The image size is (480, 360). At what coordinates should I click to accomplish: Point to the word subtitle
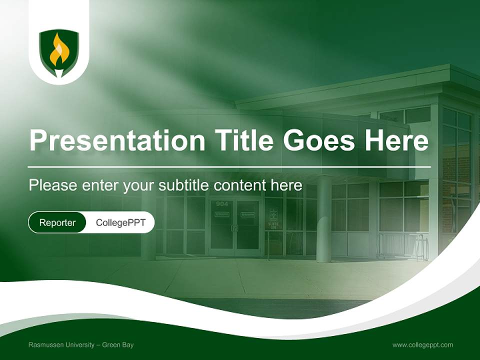183,185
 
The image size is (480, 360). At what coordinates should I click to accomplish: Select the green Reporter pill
57,222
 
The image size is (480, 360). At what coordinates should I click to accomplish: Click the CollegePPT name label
120,222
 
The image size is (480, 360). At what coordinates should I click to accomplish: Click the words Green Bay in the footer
118,344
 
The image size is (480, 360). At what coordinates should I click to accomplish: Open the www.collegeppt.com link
422,344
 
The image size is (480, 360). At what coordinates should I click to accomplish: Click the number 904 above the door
222,203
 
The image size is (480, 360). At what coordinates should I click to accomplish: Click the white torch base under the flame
59,73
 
